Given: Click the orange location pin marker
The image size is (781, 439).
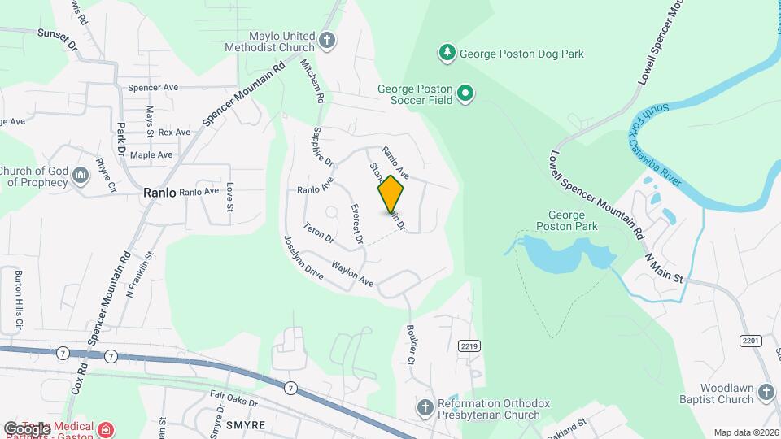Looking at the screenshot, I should coord(390,193).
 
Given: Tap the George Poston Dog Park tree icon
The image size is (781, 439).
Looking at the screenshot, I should coord(447,54).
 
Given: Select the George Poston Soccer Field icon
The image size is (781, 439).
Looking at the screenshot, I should coord(465,94).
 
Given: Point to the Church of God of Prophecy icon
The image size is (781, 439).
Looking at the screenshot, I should coord(81,176).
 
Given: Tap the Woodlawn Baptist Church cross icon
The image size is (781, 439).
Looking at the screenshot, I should coord(766,393).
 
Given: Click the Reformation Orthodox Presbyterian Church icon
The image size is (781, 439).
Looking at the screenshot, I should coord(425,407).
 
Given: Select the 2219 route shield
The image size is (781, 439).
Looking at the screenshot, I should coord(467,346).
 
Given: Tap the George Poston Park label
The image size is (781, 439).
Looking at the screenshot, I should coord(567,220).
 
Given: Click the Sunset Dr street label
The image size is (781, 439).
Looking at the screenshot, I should coord(57,39).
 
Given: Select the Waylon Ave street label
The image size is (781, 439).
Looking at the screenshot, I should coord(352,272).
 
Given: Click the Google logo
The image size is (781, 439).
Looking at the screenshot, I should coord(27,428).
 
